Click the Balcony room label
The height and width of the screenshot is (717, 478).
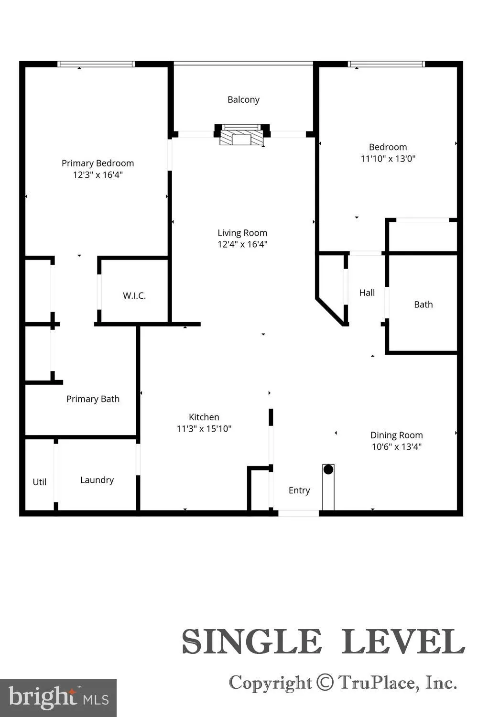click(243, 99)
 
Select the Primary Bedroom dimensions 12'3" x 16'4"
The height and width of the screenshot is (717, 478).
click(98, 175)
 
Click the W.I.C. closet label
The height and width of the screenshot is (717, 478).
click(134, 296)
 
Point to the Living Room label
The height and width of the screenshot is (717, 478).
click(242, 233)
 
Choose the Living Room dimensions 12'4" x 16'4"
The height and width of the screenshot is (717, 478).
click(242, 245)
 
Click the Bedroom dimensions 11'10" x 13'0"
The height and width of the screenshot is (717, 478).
click(388, 159)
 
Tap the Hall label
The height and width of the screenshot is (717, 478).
click(367, 293)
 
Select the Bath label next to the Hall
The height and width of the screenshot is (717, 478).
click(423, 304)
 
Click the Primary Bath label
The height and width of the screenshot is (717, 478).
click(93, 399)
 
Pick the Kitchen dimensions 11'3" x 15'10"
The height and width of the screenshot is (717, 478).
click(204, 429)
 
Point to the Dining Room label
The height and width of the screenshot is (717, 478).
click(396, 435)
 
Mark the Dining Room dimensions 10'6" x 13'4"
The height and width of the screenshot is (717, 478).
click(396, 447)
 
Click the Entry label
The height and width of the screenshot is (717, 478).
click(299, 490)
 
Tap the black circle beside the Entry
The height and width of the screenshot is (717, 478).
click(328, 469)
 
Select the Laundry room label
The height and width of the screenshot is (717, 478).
click(97, 480)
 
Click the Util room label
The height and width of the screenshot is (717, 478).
click(39, 482)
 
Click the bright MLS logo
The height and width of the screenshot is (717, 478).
click(58, 698)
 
